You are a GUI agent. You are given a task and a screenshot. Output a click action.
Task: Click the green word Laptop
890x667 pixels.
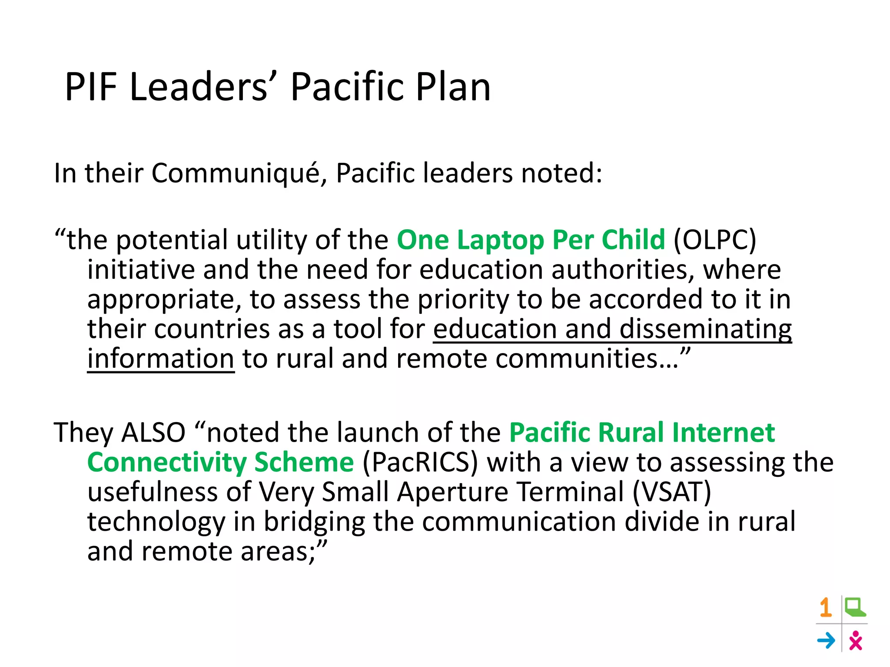tap(500, 240)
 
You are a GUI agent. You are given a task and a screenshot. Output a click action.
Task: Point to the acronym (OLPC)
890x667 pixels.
tap(714, 240)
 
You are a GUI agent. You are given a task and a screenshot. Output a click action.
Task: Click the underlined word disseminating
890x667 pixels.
tap(705, 329)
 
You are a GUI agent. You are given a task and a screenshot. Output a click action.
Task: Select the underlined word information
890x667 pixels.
tap(161, 359)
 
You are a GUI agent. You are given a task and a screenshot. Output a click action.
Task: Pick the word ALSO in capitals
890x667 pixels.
tap(153, 433)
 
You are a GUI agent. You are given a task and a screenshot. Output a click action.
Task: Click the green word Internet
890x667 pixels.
tap(723, 433)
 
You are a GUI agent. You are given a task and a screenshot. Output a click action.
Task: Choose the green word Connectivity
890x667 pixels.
tap(167, 462)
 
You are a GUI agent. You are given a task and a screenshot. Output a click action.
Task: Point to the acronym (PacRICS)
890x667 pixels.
tap(420, 462)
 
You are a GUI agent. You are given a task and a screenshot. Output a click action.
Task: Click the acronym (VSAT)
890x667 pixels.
tap(672, 492)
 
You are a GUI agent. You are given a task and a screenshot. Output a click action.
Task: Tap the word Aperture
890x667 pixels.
tap(452, 492)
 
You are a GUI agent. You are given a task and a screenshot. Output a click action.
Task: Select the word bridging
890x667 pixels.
tap(314, 522)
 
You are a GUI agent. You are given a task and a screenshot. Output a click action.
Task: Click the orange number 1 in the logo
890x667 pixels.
tap(826, 608)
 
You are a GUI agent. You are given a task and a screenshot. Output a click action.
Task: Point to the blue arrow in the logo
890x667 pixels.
tap(826, 641)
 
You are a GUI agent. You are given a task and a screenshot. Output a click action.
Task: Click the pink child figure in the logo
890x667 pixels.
tap(855, 641)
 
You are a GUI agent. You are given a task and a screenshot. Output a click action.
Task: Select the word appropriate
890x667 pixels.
tap(164, 300)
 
